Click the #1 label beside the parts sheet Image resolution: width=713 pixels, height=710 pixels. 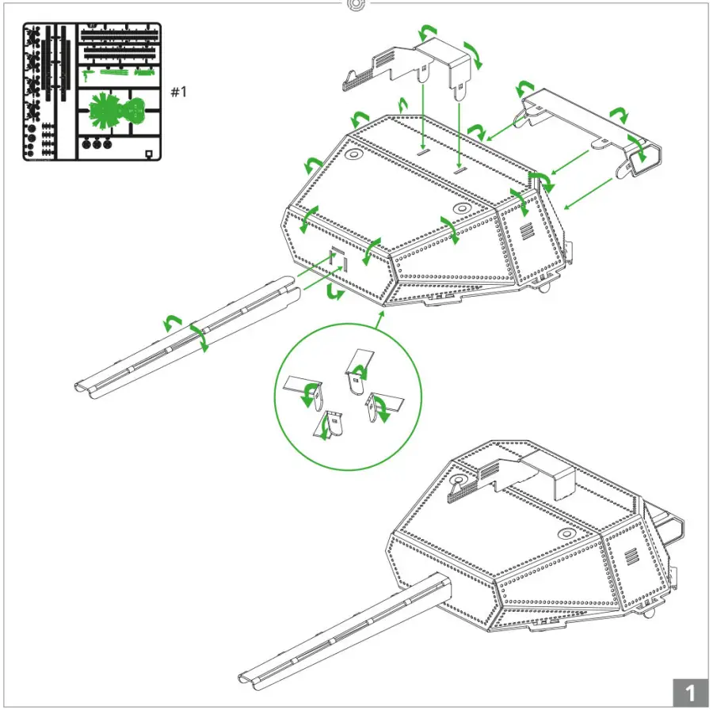pyautogui.click(x=179, y=92)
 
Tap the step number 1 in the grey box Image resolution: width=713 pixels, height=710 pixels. pyautogui.click(x=689, y=693)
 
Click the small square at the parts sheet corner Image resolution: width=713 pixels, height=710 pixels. pyautogui.click(x=148, y=154)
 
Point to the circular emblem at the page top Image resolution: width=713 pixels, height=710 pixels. pyautogui.click(x=356, y=5)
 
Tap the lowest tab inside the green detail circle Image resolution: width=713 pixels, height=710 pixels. pyautogui.click(x=330, y=426)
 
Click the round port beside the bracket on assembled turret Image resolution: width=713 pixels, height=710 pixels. pyautogui.click(x=459, y=481)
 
